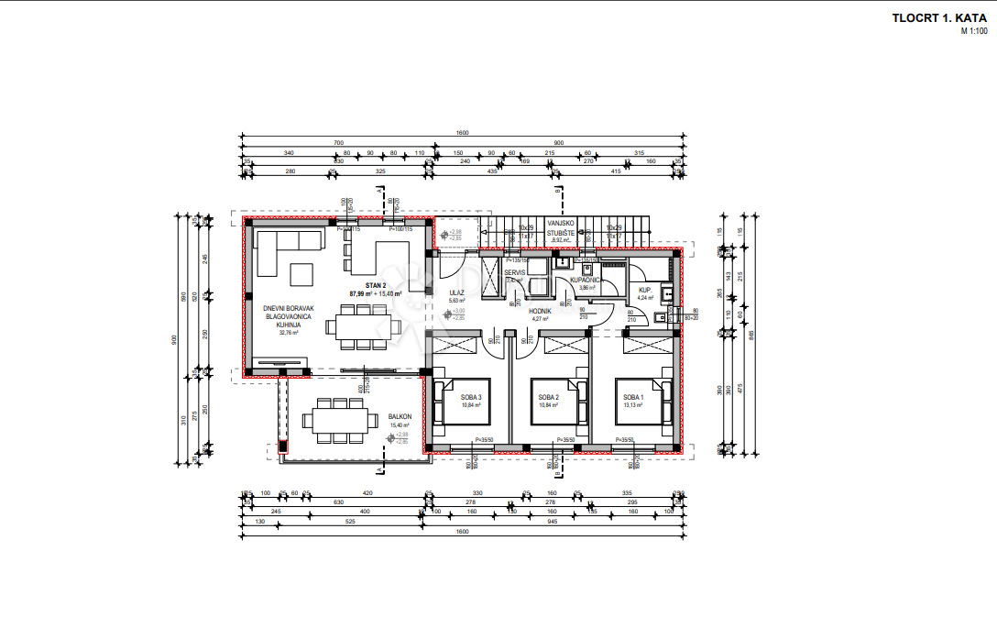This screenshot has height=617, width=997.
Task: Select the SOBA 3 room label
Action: point(471,397)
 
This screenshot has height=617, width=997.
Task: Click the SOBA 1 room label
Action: point(634,397)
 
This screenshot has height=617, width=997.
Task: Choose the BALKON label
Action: point(400,416)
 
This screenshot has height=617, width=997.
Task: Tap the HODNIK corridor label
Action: point(541,311)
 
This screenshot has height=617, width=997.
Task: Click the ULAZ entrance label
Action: point(456,292)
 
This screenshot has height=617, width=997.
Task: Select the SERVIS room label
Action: point(514,272)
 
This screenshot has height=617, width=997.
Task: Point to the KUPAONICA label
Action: point(585,280)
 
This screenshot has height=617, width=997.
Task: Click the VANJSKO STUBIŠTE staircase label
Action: point(561,228)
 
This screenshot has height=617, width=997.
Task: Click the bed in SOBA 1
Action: point(640,402)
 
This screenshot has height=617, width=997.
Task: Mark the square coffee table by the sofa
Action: point(301,273)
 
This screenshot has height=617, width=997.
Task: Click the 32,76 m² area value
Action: point(290,333)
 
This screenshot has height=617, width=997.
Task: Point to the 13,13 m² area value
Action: point(635,404)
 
